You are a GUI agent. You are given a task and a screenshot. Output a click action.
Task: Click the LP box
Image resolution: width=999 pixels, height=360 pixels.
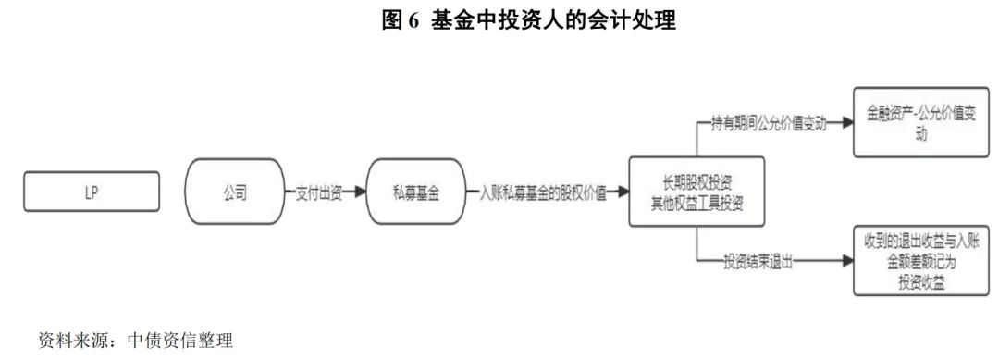click(x=90, y=192)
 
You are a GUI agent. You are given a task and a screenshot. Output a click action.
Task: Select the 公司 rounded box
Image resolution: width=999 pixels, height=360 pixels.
click(x=235, y=192)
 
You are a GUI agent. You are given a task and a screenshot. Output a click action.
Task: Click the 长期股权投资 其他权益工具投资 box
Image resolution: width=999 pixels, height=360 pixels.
click(x=698, y=192)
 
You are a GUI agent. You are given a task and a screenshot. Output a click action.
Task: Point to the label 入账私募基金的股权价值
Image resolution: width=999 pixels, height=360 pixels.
click(x=543, y=192)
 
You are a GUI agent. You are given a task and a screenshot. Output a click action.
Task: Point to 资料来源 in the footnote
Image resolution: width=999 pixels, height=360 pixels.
click(x=69, y=340)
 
